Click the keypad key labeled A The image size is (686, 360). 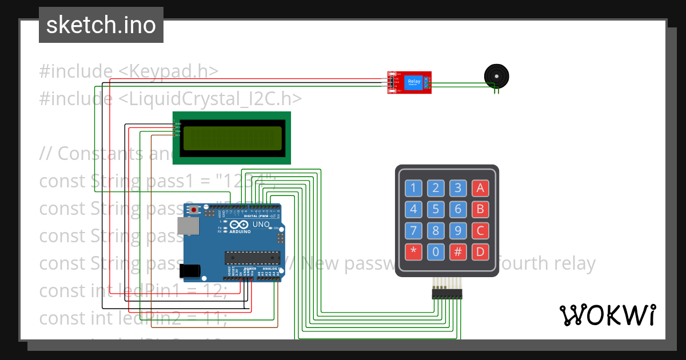coord(480,188)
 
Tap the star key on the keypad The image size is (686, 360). coord(414,252)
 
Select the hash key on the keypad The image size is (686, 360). coord(458,252)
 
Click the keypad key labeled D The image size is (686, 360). coord(480,252)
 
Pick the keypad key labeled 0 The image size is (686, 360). coord(436,252)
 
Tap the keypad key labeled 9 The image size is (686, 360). coord(458,231)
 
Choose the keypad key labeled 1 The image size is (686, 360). coord(414,188)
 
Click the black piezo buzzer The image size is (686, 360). coord(496,75)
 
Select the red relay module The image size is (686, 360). coord(409,82)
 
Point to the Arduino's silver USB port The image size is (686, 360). coord(187,227)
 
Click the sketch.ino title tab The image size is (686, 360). coord(101,25)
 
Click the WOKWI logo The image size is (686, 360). coord(607,315)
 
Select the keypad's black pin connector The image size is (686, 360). coord(447,294)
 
